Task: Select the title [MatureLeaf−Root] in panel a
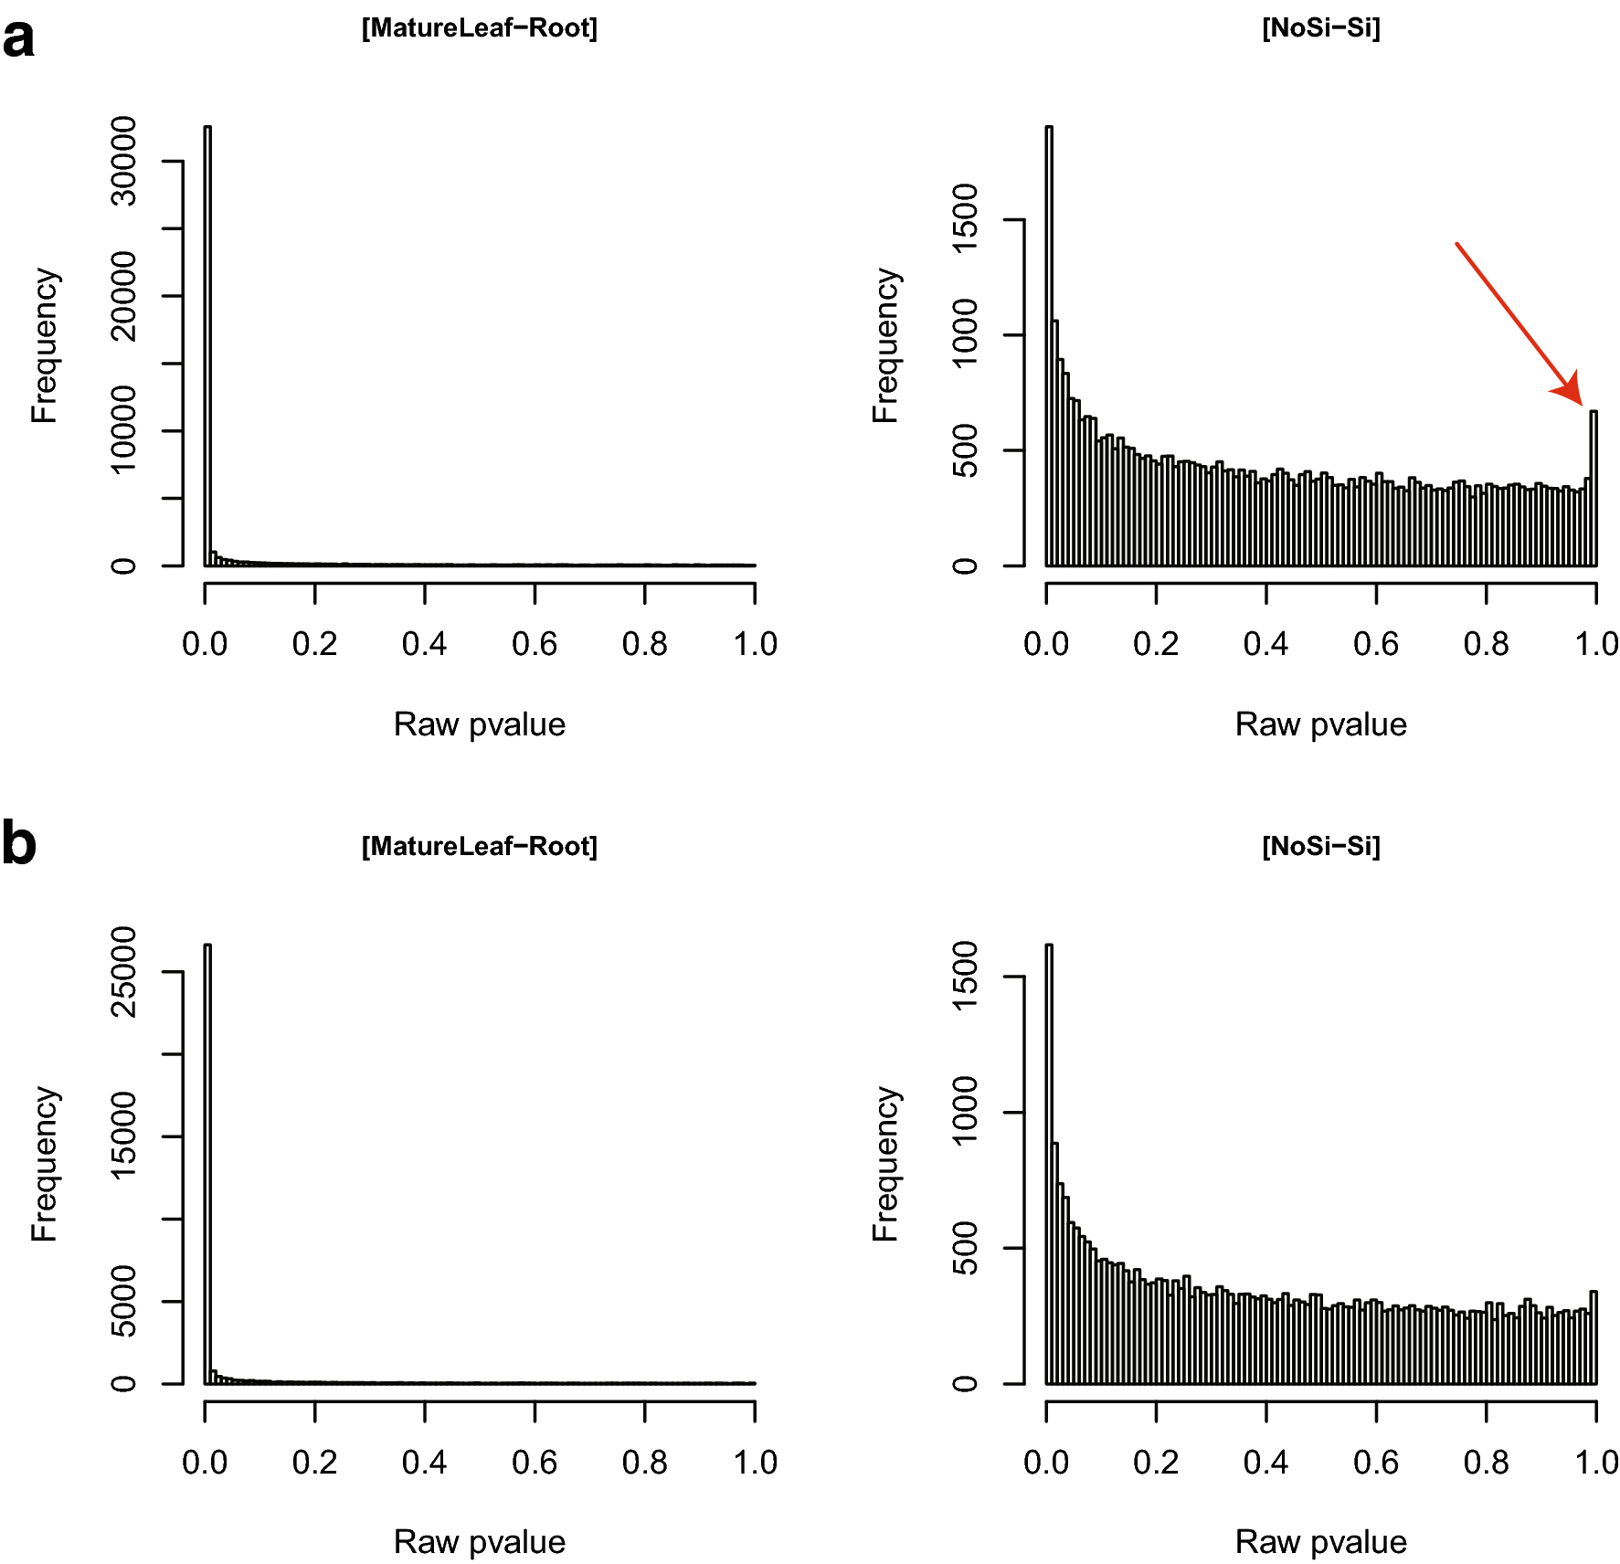pyautogui.click(x=479, y=28)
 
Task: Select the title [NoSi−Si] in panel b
pyautogui.click(x=1320, y=846)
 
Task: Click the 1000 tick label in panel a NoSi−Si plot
pyautogui.click(x=965, y=334)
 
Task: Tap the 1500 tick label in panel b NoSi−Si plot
pyautogui.click(x=965, y=977)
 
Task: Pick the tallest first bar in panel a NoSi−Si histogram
pyautogui.click(x=1049, y=347)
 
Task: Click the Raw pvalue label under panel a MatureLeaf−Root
pyautogui.click(x=479, y=724)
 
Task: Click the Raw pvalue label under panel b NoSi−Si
pyautogui.click(x=1320, y=1542)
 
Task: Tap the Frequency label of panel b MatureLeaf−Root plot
pyautogui.click(x=44, y=1164)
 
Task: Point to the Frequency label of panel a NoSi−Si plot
pyautogui.click(x=885, y=345)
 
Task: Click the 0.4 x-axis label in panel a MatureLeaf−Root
pyautogui.click(x=424, y=644)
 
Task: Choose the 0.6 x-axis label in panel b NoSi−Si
pyautogui.click(x=1375, y=1463)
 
